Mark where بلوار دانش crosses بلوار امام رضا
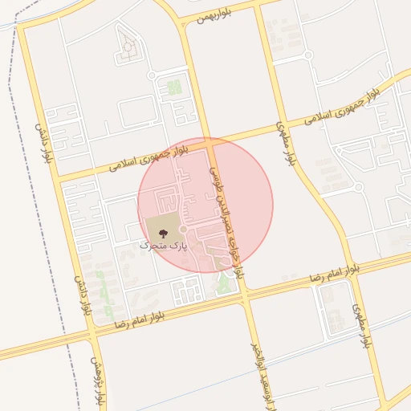(x=90, y=330)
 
